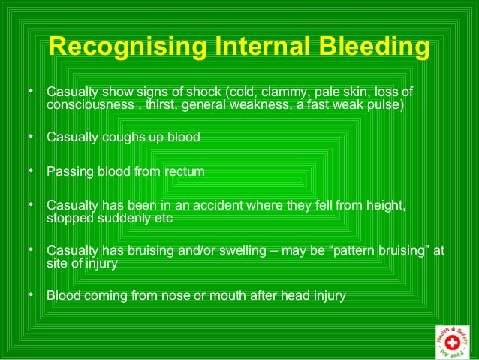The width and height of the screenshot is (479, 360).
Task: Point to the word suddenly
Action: pos(116,218)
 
